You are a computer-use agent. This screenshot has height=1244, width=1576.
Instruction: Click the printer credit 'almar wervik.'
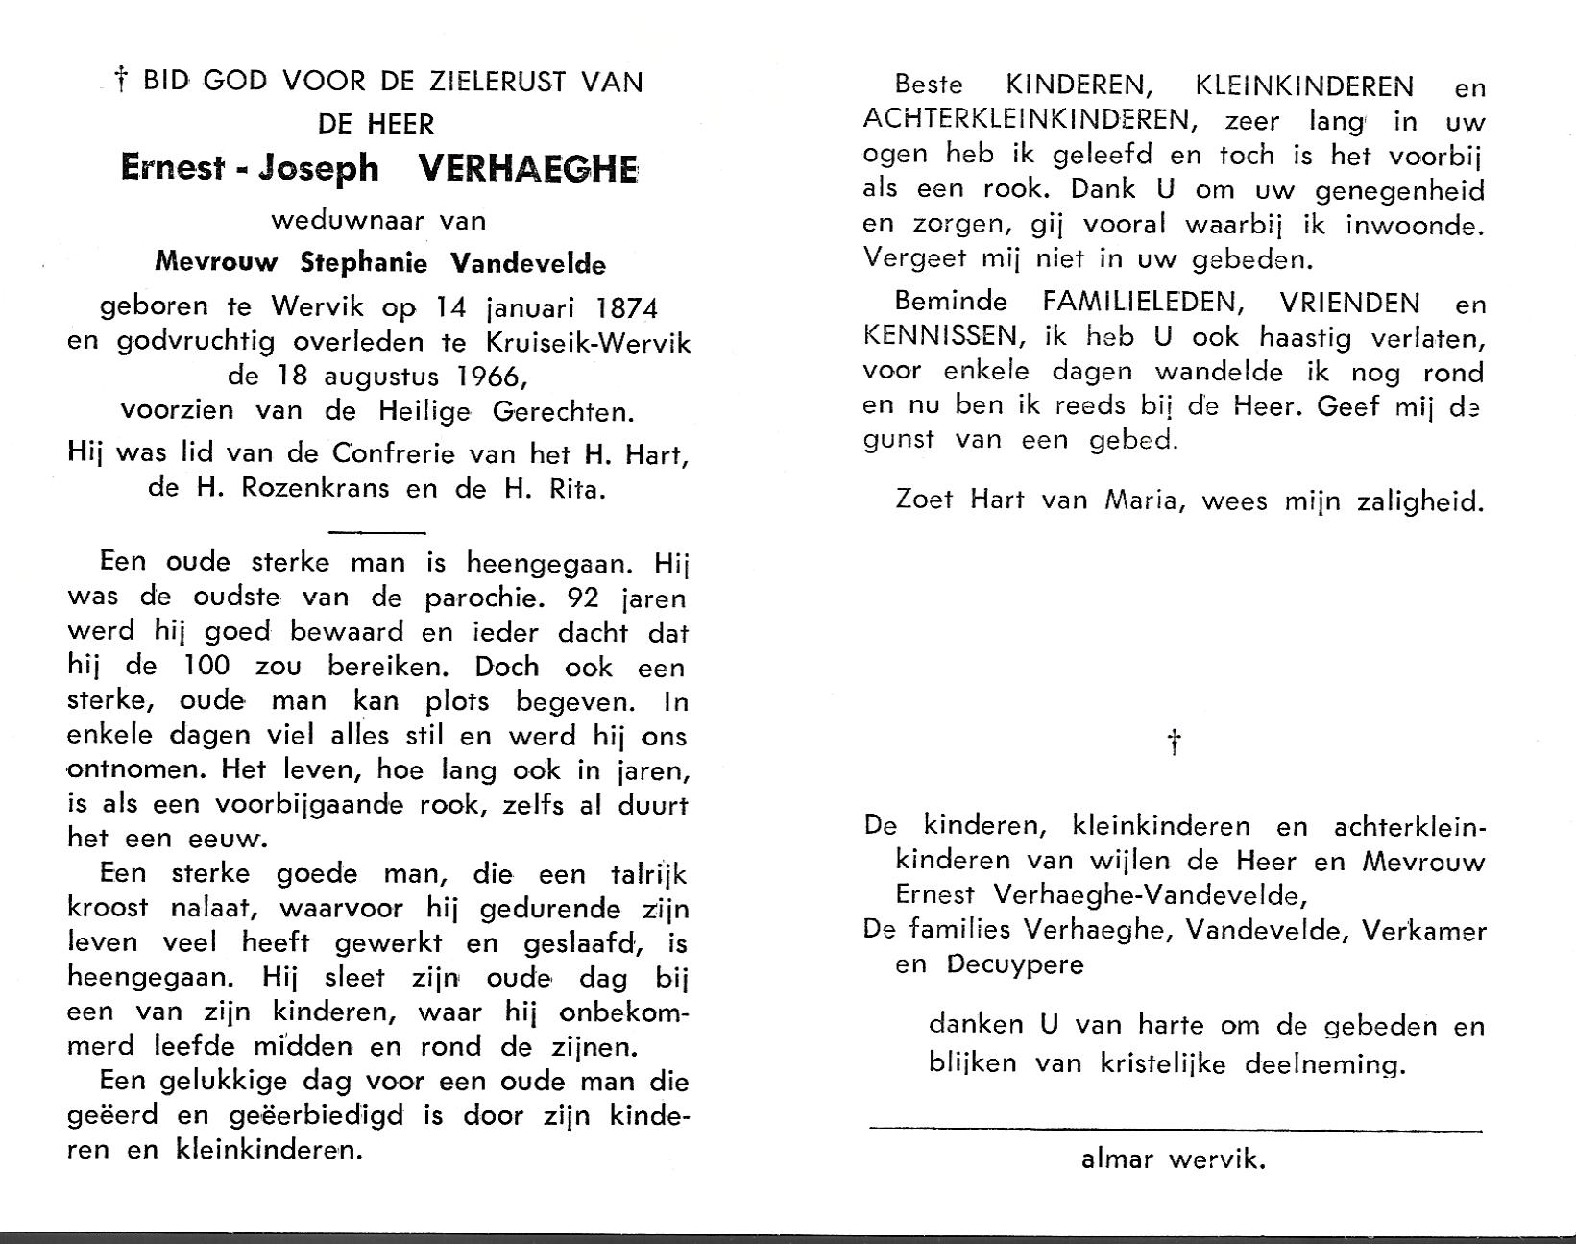(x=1173, y=1159)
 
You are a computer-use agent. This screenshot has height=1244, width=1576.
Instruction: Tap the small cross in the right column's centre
(x=1173, y=742)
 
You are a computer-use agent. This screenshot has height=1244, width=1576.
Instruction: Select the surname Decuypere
(x=1014, y=963)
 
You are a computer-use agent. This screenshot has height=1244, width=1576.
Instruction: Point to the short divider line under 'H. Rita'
(x=376, y=530)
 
